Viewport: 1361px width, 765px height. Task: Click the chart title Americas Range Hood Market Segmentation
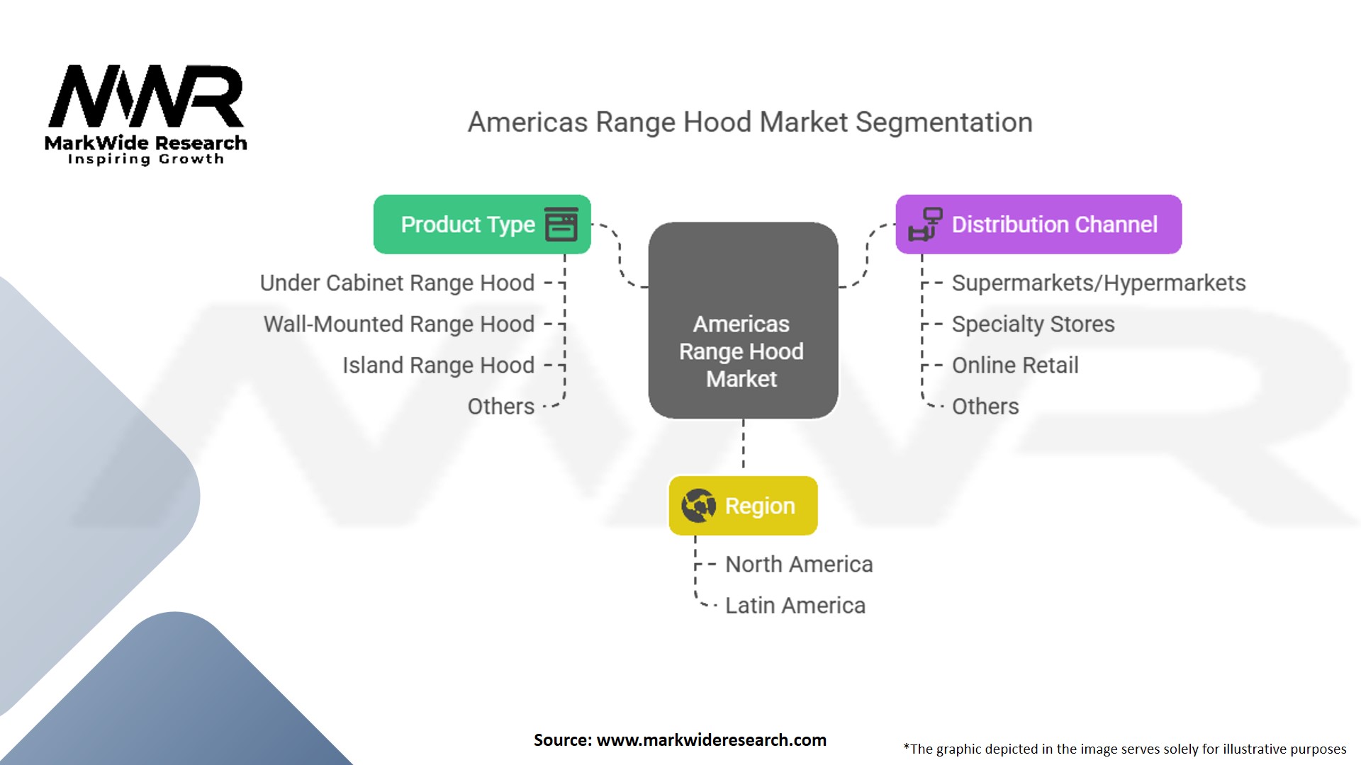click(750, 123)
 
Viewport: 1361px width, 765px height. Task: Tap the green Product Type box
click(481, 225)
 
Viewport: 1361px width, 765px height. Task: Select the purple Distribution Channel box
click(1038, 225)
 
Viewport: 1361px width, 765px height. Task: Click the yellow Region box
click(743, 506)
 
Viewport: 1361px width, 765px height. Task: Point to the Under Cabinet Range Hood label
click(397, 283)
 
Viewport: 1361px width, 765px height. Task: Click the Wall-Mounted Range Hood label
click(399, 324)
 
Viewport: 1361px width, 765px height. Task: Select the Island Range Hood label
click(438, 365)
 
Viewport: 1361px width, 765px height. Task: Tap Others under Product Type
click(500, 406)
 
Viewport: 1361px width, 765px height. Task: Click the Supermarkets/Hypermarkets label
click(1098, 283)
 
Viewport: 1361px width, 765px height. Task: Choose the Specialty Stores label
click(1033, 324)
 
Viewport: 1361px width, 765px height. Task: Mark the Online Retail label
click(1014, 365)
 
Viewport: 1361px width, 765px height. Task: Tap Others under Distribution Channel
click(985, 406)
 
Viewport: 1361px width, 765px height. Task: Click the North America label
click(799, 564)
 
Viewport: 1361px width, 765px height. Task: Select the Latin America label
click(795, 605)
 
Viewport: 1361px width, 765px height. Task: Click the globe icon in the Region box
click(698, 506)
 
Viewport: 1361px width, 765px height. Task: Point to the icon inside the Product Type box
click(561, 225)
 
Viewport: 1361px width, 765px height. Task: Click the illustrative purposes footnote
click(1124, 749)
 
